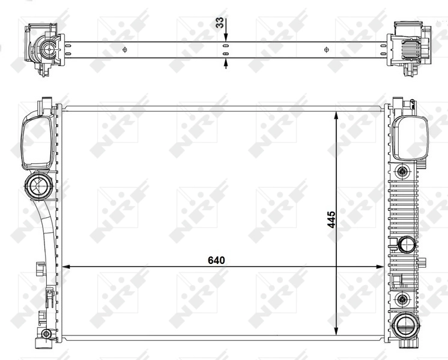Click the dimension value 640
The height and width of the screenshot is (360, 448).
(216, 260)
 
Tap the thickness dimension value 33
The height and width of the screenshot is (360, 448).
(220, 23)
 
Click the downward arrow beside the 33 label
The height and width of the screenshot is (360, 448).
(226, 37)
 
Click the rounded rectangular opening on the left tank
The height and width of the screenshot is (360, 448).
(35, 142)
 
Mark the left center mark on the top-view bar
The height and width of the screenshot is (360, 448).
(124, 49)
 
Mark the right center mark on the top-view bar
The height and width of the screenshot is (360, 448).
(326, 49)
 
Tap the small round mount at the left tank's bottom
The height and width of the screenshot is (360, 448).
(46, 334)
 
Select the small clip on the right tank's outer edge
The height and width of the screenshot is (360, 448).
(423, 262)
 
